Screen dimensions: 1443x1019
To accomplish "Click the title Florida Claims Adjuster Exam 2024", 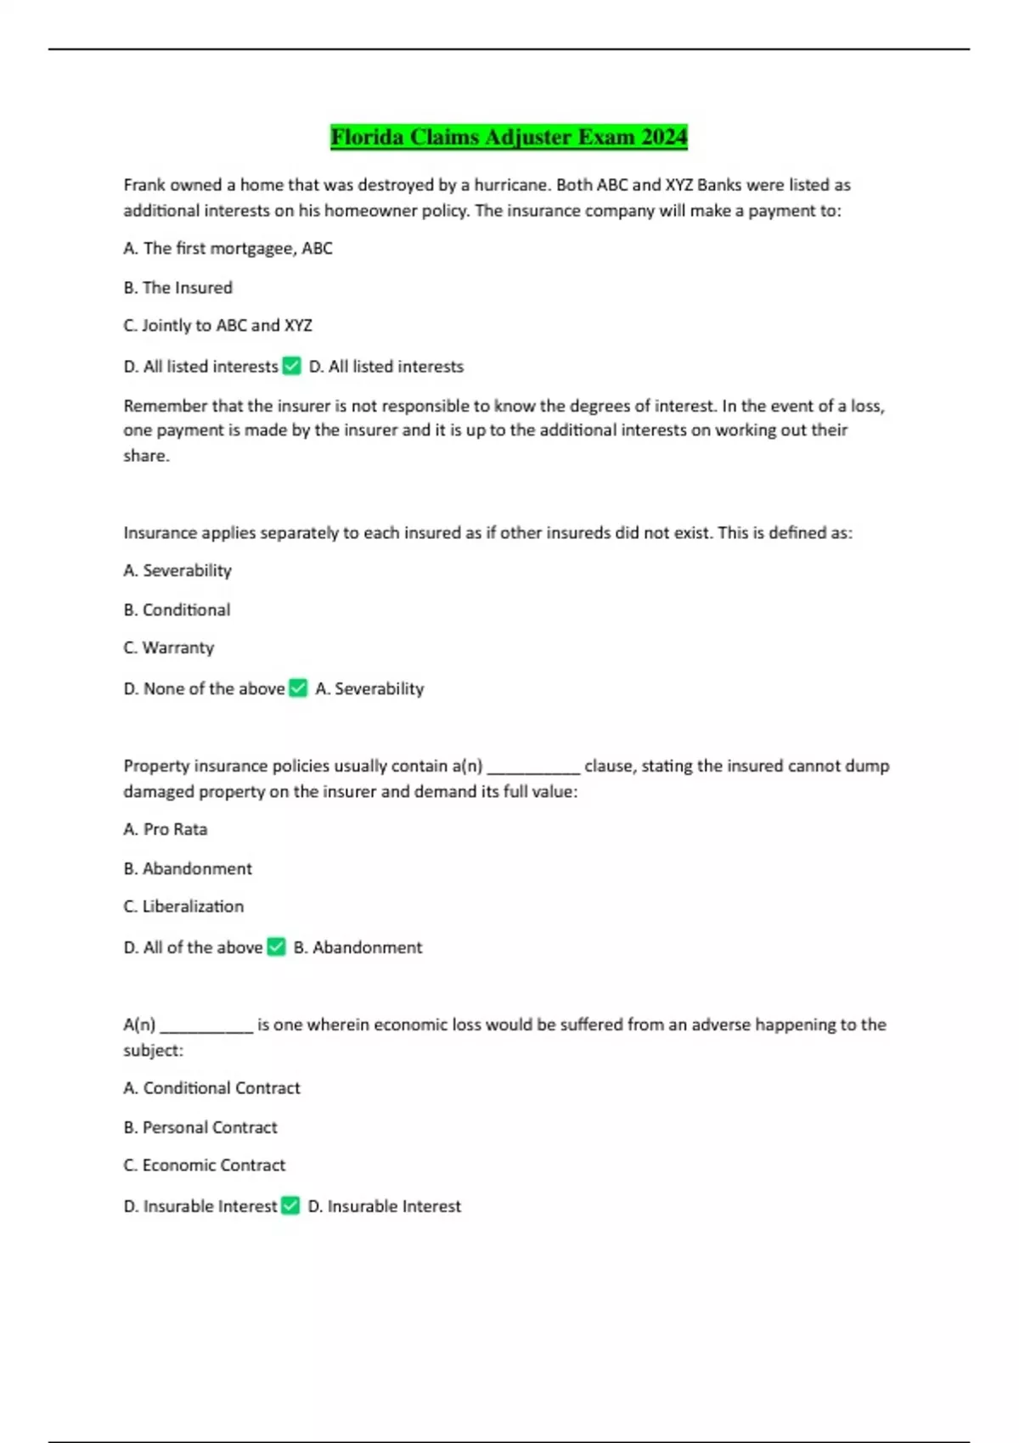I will (509, 137).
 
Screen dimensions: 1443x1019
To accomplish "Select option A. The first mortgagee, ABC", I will (228, 249).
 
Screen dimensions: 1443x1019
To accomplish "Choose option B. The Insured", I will (177, 288).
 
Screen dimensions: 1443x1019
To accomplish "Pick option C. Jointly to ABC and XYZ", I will (217, 326).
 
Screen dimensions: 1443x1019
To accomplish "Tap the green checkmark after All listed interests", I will (291, 366).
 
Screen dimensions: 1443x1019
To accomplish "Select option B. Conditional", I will (177, 610).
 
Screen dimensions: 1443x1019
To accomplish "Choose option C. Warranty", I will (168, 648).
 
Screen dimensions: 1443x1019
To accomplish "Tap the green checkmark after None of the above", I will (298, 688).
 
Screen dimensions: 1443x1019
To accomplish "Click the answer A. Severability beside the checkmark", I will (369, 689).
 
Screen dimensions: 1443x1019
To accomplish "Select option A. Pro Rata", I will (165, 829).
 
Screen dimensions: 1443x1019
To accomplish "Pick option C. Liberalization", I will (183, 907).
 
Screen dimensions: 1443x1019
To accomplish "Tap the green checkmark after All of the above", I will (276, 946).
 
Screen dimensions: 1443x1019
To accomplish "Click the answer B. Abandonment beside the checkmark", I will (357, 947).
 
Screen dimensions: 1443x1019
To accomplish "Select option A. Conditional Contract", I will (211, 1088).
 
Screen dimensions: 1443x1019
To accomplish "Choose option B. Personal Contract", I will (200, 1128).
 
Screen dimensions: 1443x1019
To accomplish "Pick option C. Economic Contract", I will (204, 1165).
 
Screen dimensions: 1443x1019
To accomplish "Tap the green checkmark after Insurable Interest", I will (290, 1205).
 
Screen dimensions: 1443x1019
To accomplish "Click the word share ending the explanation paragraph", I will (145, 456).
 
